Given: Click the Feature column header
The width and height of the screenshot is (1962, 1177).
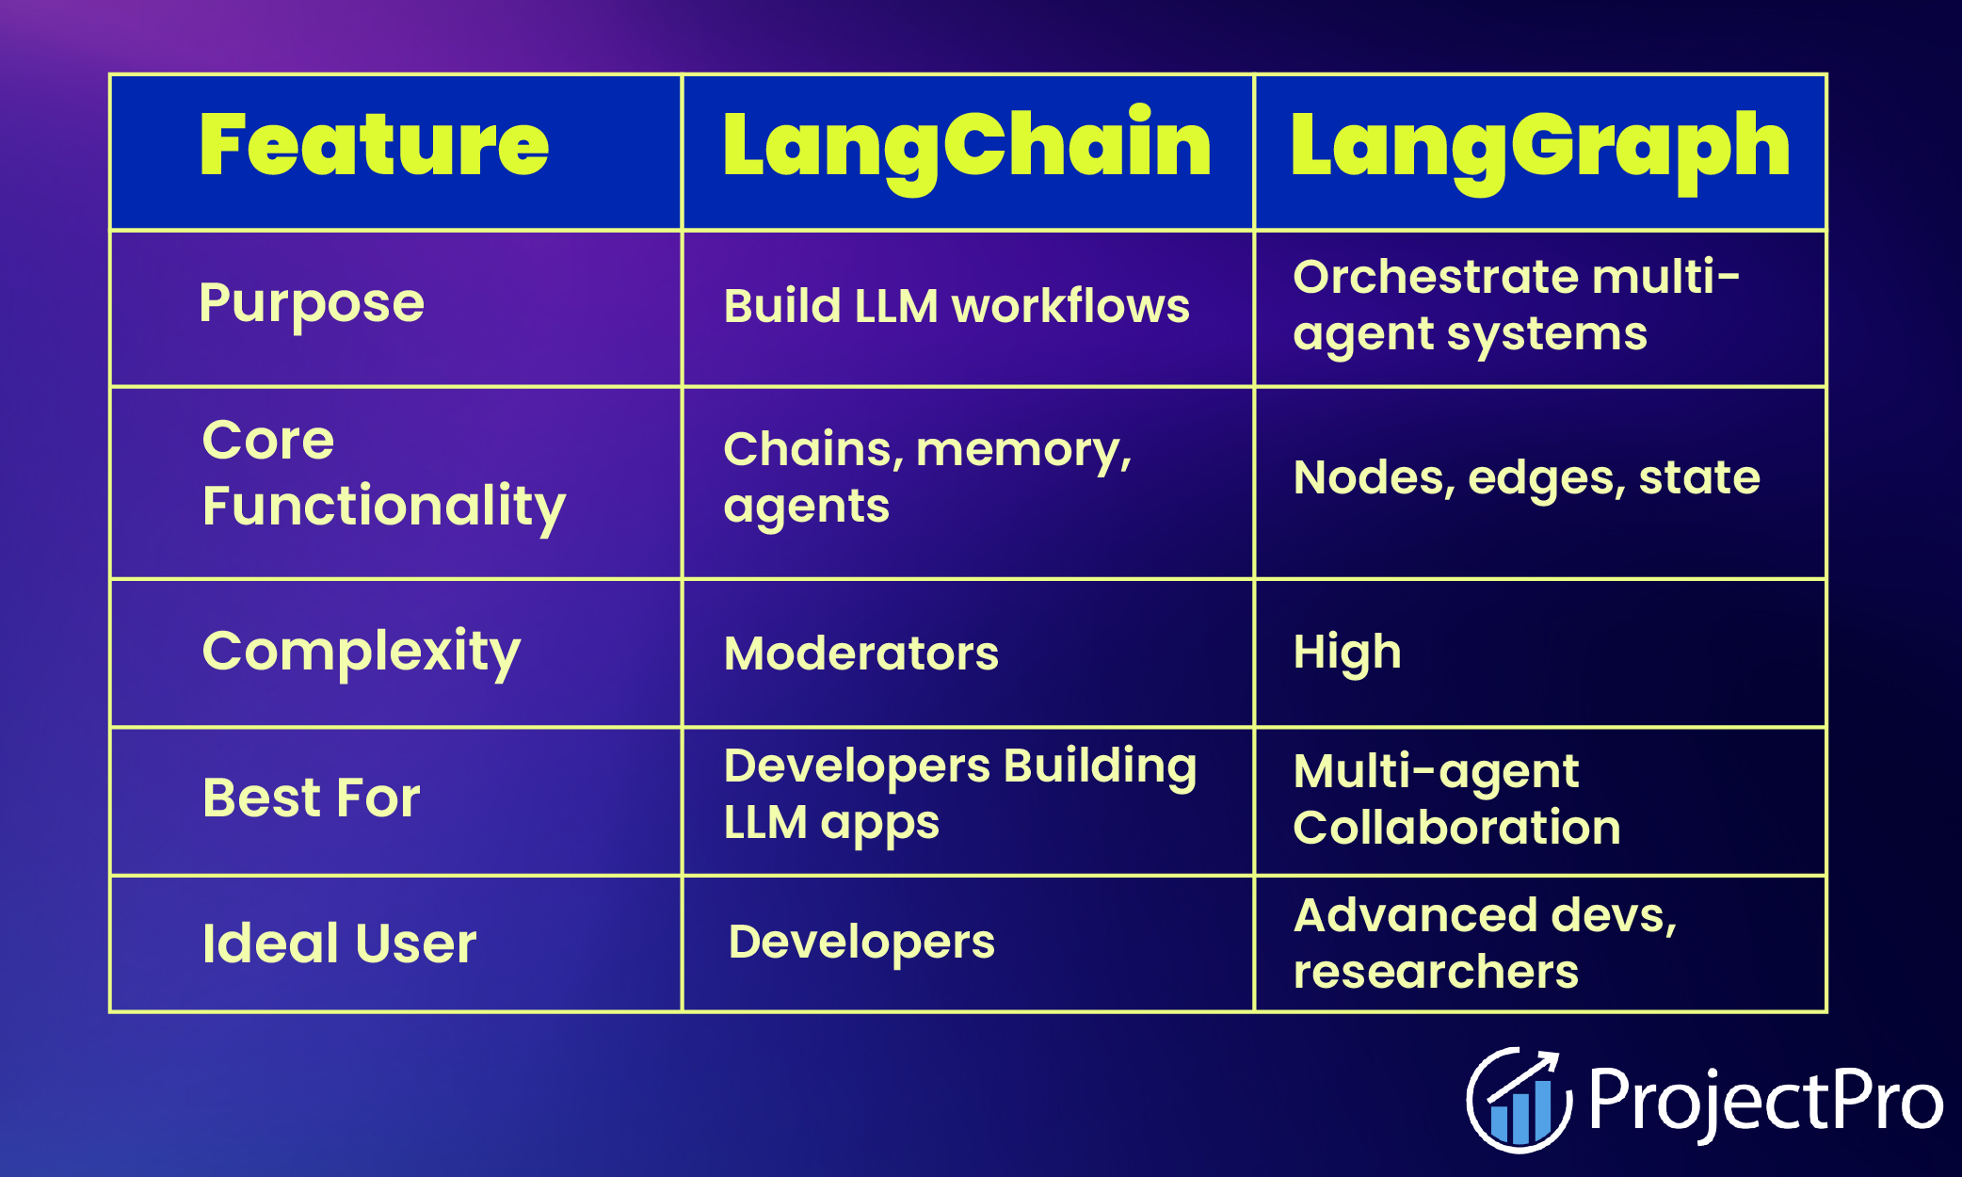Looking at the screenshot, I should (374, 146).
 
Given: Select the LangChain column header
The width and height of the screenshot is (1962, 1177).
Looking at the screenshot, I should (967, 146).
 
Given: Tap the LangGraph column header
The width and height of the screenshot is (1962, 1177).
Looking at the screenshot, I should (1539, 146).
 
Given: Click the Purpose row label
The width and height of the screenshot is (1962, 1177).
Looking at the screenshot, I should (312, 304).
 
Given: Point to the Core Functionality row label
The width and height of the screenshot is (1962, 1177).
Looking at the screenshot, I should (383, 474).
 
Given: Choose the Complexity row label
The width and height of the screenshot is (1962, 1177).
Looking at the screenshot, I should (362, 652).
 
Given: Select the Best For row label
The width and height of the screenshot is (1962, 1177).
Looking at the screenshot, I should (312, 798).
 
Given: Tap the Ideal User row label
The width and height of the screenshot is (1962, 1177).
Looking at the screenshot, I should (339, 943).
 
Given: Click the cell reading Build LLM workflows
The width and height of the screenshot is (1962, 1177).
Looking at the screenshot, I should (957, 307).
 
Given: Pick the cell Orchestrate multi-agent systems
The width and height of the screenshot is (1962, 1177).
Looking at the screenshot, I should (1516, 305).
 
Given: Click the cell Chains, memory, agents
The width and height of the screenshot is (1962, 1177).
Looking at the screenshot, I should (927, 477).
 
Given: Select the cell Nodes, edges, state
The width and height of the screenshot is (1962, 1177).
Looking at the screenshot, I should (1526, 478).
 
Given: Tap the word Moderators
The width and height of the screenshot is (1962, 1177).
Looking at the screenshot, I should (860, 653).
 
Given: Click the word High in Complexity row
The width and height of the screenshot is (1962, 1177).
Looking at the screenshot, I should (1347, 653).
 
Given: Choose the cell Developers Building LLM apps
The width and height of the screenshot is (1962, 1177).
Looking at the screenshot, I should (959, 795).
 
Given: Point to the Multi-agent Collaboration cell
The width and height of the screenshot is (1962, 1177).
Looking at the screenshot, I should (1456, 799).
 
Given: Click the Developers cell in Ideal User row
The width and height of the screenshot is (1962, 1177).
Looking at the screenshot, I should (861, 943).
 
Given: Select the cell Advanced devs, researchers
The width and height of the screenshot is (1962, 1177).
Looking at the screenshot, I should (1485, 943).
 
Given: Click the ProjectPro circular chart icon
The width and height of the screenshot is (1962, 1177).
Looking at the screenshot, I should (1518, 1100).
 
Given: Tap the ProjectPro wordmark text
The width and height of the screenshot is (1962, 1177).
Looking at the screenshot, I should (1765, 1100).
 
